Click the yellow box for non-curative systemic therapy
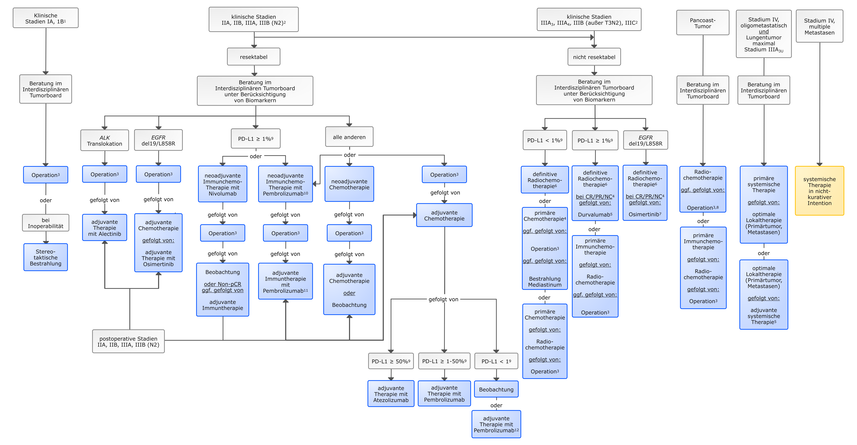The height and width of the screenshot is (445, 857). click(819, 191)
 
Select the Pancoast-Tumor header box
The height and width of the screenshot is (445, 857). click(703, 23)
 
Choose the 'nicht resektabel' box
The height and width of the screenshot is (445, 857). click(594, 57)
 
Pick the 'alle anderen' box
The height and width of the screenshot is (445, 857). click(349, 137)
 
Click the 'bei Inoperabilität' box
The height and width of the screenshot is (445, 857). click(46, 223)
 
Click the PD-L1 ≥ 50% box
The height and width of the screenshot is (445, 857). click(391, 361)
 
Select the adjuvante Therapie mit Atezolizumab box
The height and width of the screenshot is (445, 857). click(391, 394)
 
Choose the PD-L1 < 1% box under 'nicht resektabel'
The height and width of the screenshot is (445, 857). click(545, 140)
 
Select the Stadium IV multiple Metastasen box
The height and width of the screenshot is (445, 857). click(819, 26)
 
